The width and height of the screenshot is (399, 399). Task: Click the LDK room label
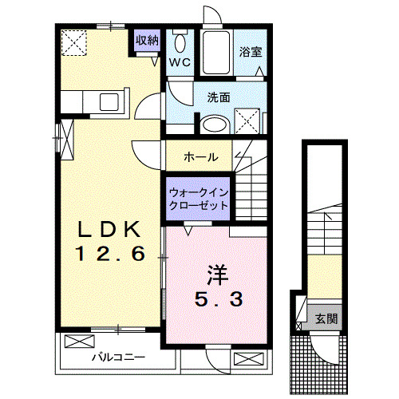point(111,230)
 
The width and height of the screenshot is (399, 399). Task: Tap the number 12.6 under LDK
point(111,255)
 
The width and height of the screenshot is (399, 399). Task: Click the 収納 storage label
point(146,41)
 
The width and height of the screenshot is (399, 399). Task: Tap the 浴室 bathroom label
point(251,53)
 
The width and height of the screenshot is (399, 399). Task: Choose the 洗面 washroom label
point(219,97)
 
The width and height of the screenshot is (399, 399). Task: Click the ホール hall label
point(200,156)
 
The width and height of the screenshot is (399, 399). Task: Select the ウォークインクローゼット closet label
point(199,198)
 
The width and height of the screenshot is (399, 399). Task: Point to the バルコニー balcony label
point(117,358)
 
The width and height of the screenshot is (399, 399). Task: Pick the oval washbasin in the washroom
point(213,124)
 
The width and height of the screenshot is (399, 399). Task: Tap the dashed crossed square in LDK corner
point(76,41)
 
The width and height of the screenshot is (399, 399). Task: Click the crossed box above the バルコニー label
point(79,342)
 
